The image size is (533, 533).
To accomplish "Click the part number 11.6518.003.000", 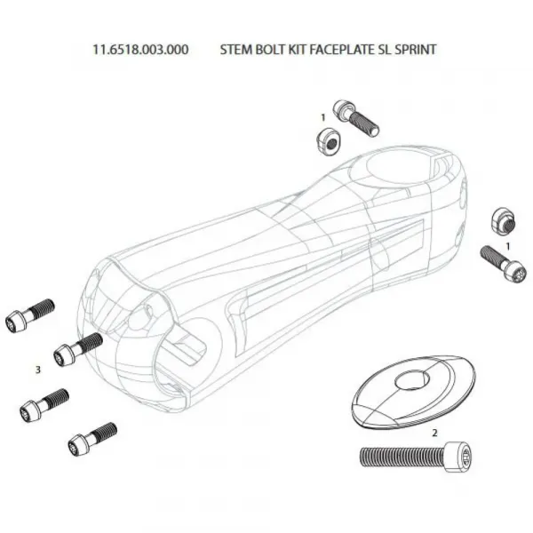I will click(x=140, y=50).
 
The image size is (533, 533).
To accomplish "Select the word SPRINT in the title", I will click(x=414, y=50).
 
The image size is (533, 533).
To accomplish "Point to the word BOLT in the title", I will click(x=270, y=50).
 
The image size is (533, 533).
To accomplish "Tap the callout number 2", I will click(x=434, y=433).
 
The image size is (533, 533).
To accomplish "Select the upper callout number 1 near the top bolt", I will click(x=323, y=116).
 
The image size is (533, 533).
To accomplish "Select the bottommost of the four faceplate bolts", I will click(x=91, y=437).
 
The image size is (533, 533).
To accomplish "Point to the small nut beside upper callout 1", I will click(x=324, y=139).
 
